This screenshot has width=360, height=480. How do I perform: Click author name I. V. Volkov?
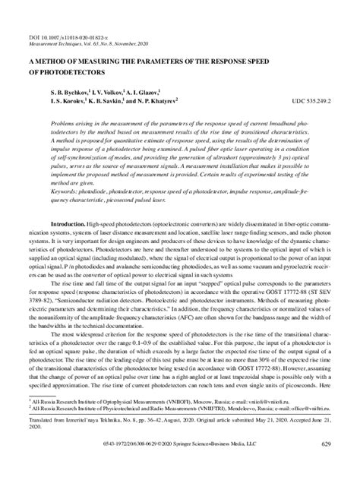(107, 90)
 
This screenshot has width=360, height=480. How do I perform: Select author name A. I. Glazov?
(157, 90)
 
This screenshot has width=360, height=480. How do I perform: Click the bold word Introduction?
(65, 224)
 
